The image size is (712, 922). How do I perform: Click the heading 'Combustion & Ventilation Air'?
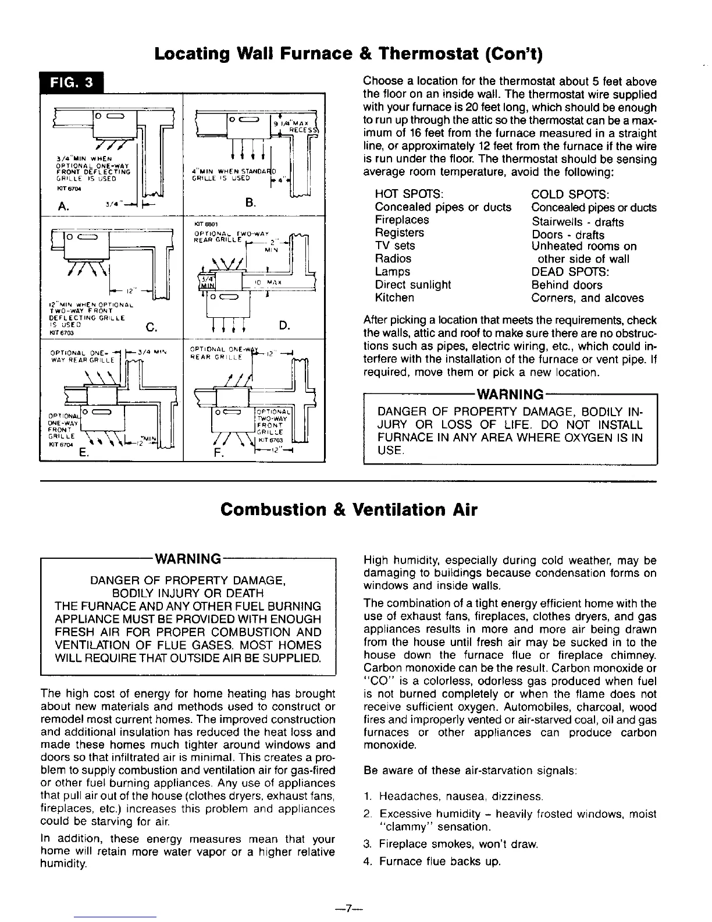349,509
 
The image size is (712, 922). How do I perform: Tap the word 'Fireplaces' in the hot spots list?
402,220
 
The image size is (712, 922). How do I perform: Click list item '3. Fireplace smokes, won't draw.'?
451,844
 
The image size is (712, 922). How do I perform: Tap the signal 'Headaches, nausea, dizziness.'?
461,796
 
